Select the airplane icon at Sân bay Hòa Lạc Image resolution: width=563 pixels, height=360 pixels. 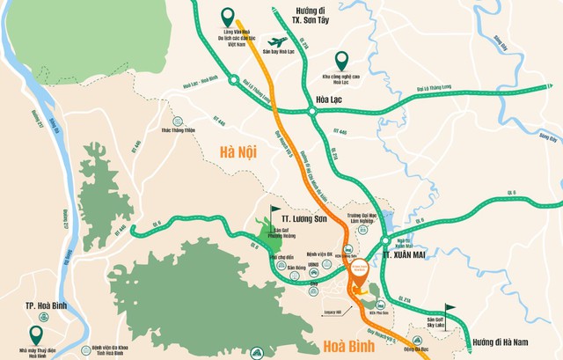click(x=279, y=42)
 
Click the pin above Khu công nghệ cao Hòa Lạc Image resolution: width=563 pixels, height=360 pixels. click(x=341, y=60)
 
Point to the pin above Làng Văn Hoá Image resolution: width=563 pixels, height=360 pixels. click(x=229, y=17)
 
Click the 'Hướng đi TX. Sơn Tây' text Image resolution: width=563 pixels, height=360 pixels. click(x=315, y=15)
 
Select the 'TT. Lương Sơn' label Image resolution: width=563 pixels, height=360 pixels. click(x=294, y=215)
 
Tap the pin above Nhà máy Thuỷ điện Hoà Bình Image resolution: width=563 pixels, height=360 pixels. click(x=36, y=334)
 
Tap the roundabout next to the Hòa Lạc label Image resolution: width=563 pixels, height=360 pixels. click(x=311, y=111)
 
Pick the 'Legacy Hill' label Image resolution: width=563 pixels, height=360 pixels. click(x=333, y=311)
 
